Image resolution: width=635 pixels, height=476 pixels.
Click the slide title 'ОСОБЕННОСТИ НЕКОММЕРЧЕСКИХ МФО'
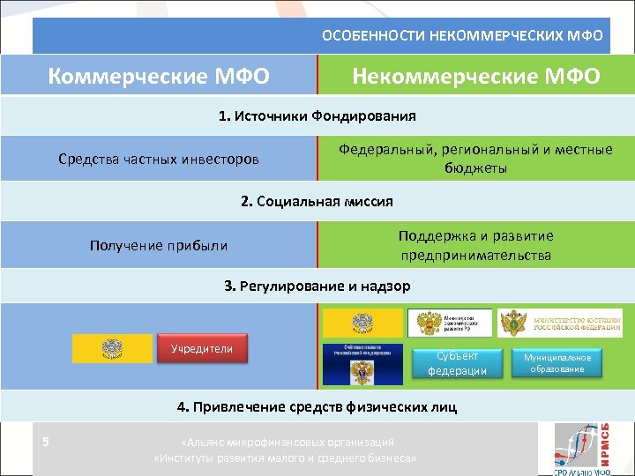point(462,36)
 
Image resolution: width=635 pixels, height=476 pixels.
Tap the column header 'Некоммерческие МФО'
point(475,76)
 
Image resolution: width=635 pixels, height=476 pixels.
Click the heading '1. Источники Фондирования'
point(317,115)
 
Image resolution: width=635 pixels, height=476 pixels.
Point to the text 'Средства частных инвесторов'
point(159,160)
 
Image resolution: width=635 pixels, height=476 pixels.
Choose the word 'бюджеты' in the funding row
point(475,167)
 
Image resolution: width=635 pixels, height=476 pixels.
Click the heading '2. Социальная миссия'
point(317,202)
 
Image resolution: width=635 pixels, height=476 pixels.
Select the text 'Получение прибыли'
point(159,245)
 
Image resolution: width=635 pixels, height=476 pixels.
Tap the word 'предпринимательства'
point(475,256)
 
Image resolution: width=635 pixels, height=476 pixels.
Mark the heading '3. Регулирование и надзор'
point(317,286)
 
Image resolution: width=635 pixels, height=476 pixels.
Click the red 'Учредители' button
point(202,348)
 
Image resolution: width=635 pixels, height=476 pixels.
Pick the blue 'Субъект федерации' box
point(457,362)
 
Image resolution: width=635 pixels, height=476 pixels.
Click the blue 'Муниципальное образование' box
point(557,362)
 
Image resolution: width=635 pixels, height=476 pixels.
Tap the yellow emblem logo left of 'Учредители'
point(112,351)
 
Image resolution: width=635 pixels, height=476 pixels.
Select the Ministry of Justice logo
point(559,323)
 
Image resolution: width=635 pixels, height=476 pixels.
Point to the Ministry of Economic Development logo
point(450,323)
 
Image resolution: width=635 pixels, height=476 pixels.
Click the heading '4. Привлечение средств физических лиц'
point(317,406)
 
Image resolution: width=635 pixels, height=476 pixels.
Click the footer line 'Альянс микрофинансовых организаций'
point(285,442)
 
